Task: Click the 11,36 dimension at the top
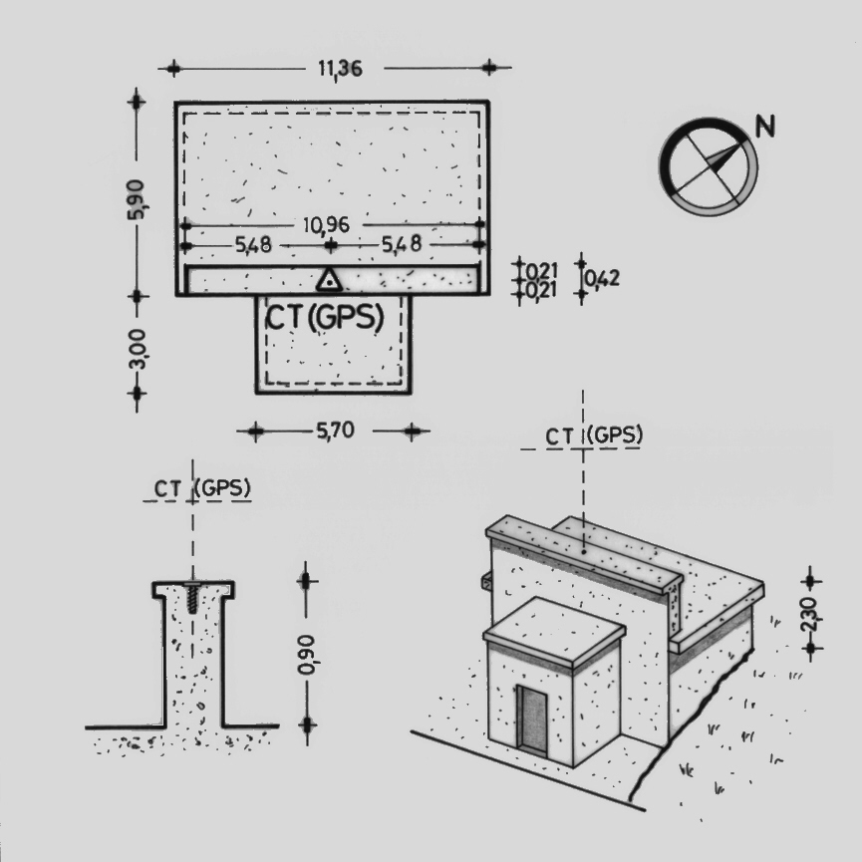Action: pos(340,69)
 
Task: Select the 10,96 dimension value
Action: pos(326,224)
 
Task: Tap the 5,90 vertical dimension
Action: pos(136,199)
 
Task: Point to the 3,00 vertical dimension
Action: pos(136,349)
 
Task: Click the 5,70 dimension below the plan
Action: pos(336,430)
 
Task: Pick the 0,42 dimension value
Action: pos(602,278)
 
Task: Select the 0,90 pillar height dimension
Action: pos(306,654)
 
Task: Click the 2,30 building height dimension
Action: pos(810,615)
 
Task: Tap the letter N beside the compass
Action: pos(764,126)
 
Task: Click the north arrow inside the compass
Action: pos(722,157)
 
